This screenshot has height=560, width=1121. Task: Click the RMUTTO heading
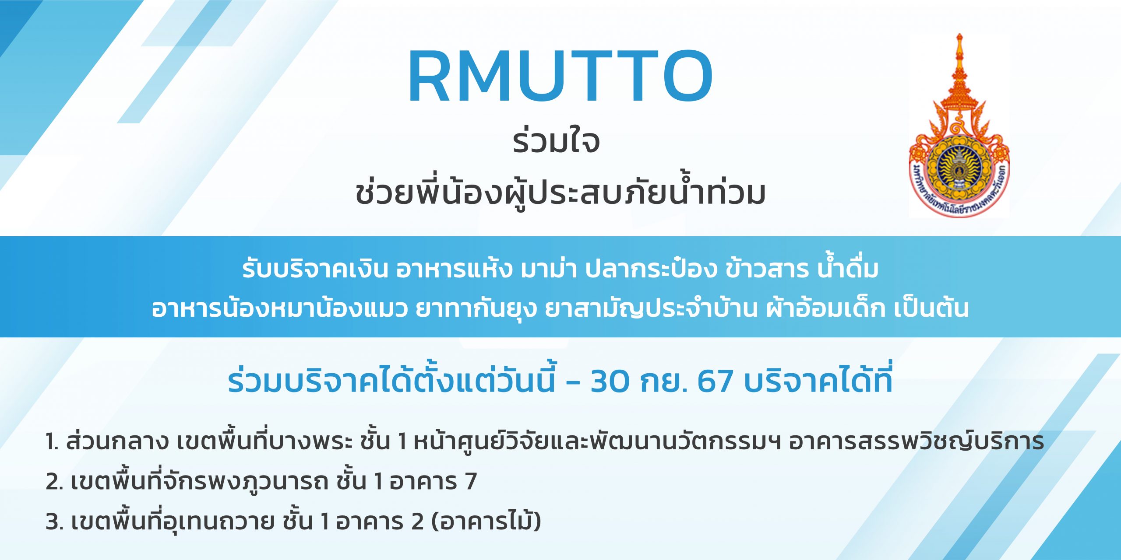click(x=560, y=77)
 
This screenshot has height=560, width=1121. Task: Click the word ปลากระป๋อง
click(x=651, y=268)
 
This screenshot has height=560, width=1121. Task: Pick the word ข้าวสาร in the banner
click(x=767, y=268)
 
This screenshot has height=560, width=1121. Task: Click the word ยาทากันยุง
click(x=476, y=308)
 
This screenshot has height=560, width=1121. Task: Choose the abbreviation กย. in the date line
click(x=663, y=381)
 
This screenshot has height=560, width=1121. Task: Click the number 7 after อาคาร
click(x=471, y=481)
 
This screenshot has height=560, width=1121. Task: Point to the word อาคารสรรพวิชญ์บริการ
click(x=917, y=441)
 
